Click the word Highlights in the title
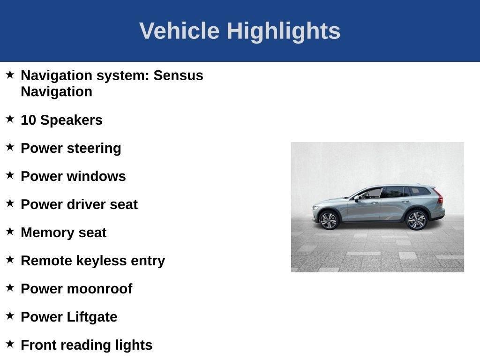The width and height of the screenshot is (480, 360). (284, 31)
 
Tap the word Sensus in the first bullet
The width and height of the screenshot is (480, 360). (179, 75)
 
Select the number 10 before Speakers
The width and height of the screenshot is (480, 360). (28, 120)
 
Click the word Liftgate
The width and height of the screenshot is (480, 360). (92, 317)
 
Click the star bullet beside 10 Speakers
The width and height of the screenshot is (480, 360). (10, 119)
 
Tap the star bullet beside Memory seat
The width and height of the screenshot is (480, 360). (10, 232)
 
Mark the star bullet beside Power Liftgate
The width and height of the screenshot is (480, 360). (10, 316)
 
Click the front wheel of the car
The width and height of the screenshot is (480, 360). (328, 220)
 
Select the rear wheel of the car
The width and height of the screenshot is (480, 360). (416, 220)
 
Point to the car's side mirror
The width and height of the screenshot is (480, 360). (357, 198)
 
